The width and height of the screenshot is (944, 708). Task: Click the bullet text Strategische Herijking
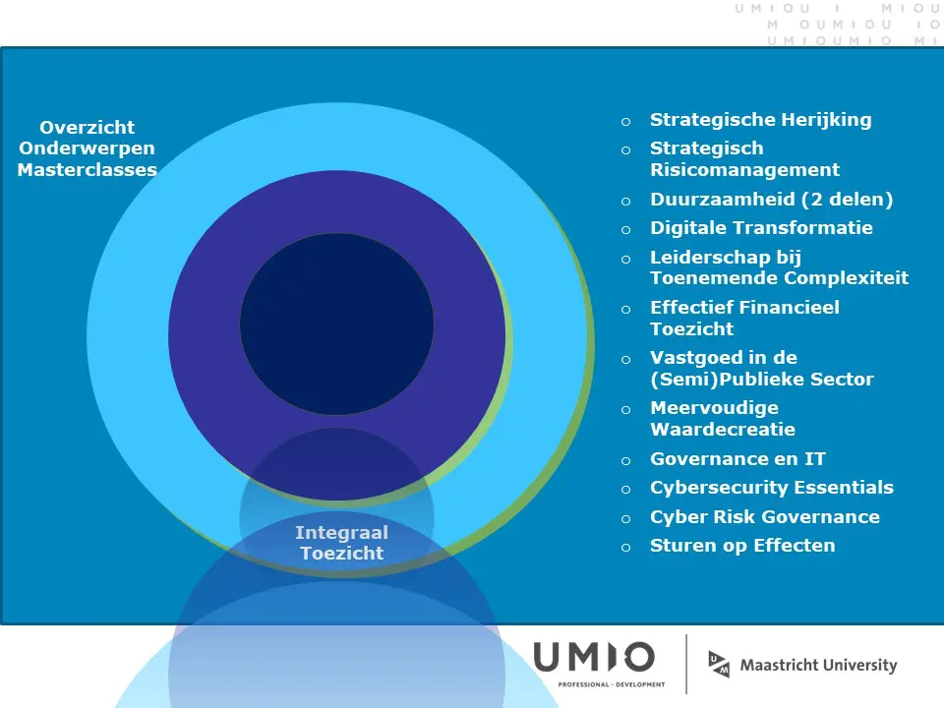click(760, 120)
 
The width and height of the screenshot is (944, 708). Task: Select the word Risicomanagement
click(744, 170)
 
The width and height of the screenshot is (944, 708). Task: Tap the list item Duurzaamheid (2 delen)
click(771, 200)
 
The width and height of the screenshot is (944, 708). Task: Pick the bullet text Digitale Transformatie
click(761, 227)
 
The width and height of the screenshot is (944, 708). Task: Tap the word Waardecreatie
click(723, 430)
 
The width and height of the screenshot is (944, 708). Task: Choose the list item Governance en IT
click(737, 459)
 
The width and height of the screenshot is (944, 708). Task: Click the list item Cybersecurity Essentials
click(772, 488)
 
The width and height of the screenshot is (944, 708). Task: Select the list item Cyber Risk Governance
click(765, 516)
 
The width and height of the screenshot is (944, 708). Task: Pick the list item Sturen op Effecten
click(742, 546)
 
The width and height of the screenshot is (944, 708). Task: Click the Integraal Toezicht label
click(341, 543)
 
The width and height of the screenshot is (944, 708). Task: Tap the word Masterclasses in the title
click(88, 170)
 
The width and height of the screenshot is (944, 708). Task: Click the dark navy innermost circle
click(336, 324)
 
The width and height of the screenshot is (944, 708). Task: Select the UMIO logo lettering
click(594, 657)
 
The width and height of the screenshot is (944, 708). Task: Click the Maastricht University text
click(818, 666)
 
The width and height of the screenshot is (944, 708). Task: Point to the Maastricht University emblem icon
click(719, 664)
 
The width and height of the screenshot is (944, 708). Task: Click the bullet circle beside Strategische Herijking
click(626, 122)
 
